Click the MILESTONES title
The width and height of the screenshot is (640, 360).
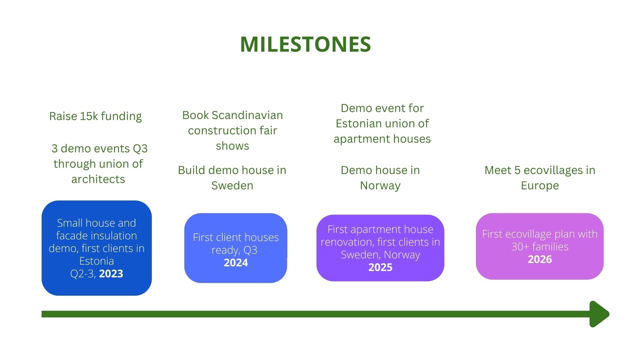305,44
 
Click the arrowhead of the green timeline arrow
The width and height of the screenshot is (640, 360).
599,314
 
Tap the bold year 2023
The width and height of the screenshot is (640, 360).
111,274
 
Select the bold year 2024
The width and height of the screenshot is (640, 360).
236,263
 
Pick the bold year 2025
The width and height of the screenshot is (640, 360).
380,267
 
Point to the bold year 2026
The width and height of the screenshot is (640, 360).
540,259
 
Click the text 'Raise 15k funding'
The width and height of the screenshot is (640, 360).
95,116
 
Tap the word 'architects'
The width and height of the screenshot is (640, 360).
98,179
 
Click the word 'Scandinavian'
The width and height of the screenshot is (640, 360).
247,115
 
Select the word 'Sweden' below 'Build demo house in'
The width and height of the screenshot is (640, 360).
232,185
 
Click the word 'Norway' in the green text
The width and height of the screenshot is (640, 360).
380,186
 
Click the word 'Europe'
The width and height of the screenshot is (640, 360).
540,186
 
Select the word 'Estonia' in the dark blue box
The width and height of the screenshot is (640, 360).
96,261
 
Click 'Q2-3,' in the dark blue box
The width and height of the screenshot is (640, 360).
83,274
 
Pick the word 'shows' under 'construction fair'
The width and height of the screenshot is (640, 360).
232,146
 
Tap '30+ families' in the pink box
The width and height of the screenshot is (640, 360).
540,247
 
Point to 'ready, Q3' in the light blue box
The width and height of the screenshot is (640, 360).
234,250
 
